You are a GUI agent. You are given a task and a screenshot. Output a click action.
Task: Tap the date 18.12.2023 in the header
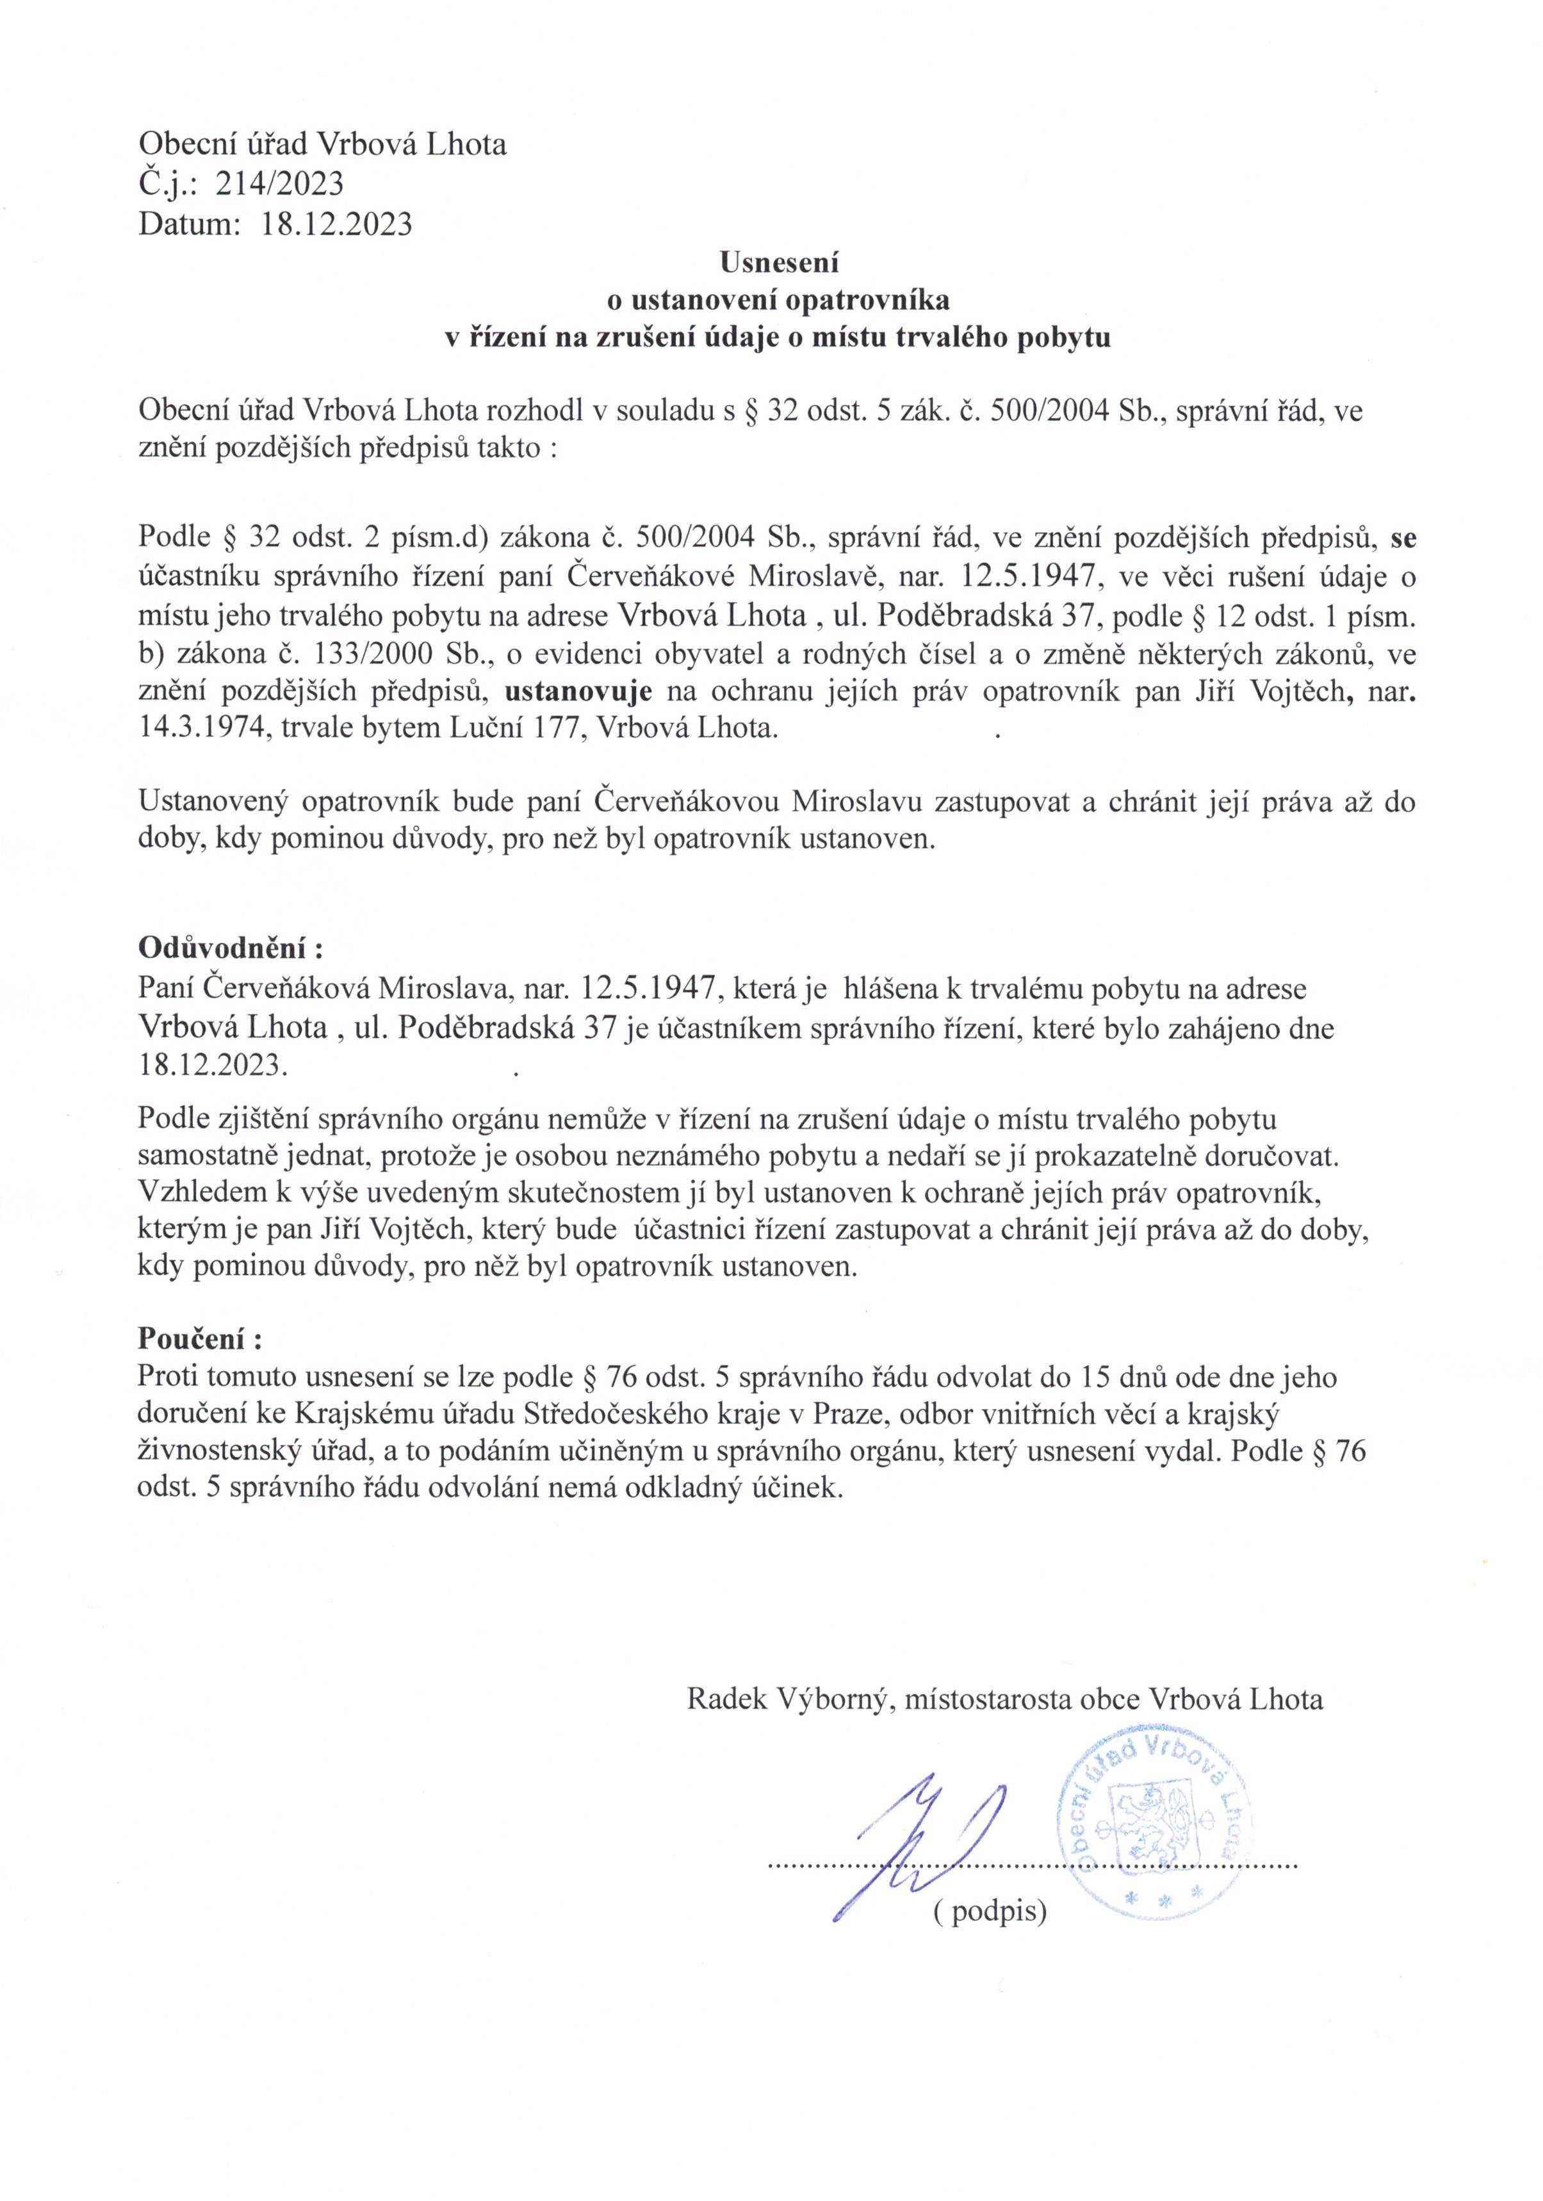pos(337,223)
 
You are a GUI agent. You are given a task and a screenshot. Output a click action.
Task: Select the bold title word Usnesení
pos(780,260)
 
